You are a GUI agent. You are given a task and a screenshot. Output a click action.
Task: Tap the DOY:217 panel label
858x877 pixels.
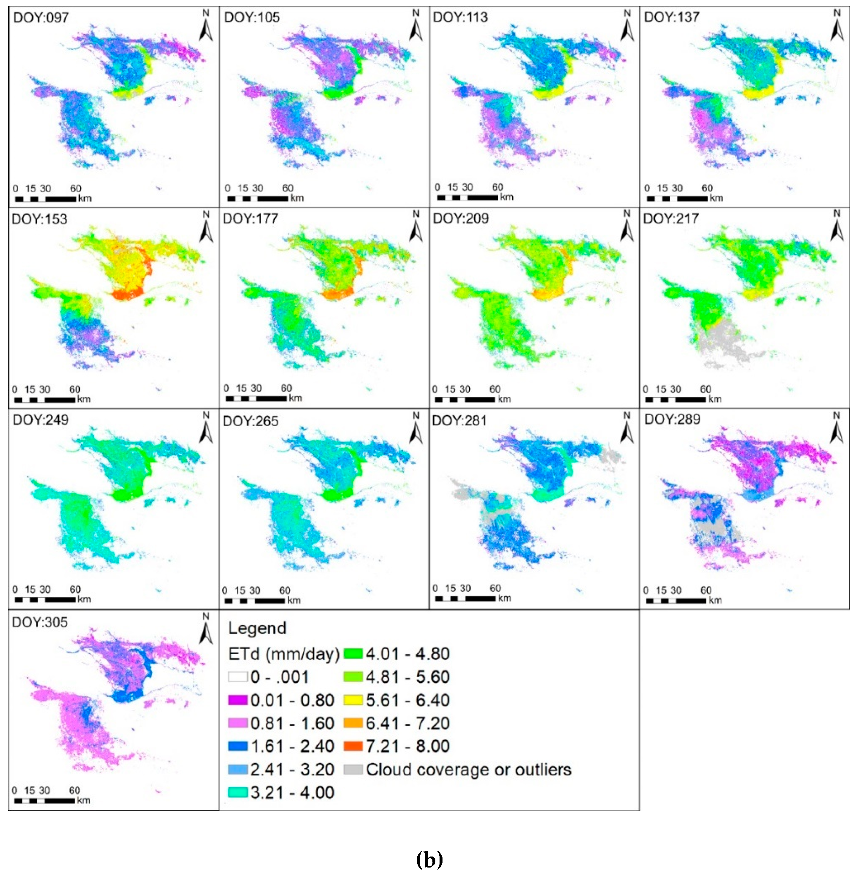(671, 219)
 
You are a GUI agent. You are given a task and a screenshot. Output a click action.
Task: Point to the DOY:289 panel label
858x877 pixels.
(672, 419)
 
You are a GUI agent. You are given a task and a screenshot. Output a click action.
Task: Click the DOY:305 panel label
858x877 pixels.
(40, 622)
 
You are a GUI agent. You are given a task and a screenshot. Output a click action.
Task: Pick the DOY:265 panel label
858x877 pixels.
(250, 421)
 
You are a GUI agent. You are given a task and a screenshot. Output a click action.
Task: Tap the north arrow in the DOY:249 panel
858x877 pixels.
(206, 428)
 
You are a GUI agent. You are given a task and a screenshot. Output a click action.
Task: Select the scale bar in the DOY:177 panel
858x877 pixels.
(256, 398)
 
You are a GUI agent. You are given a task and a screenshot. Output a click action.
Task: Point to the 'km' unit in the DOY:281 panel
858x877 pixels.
(505, 598)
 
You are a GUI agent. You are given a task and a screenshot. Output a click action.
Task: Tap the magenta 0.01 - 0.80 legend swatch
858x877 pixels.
(238, 700)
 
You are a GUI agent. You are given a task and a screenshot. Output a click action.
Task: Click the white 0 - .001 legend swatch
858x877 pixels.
(238, 677)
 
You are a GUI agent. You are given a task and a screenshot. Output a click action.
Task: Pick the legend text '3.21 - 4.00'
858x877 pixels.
(292, 792)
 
